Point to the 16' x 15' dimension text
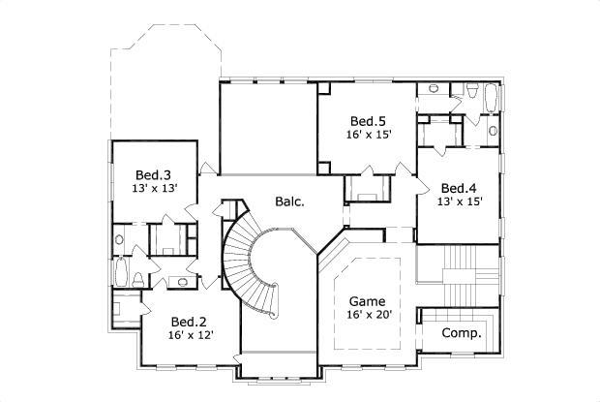coord(369,135)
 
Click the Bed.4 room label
coord(459,187)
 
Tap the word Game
coord(368,299)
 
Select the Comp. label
coord(461,332)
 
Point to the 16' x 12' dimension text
coord(190,335)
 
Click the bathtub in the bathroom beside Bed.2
coord(121,272)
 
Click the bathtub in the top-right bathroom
coord(492,98)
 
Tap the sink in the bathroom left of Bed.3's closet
coord(120,238)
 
